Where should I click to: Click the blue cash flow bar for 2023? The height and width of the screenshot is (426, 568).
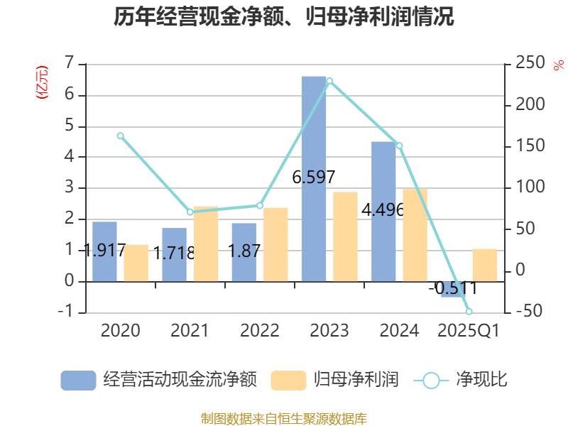pyautogui.click(x=314, y=177)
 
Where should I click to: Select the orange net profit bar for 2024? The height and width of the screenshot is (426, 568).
pyautogui.click(x=415, y=234)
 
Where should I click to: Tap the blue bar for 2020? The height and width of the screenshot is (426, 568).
pyautogui.click(x=104, y=251)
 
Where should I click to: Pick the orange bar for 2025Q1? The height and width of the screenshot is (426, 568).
pyautogui.click(x=485, y=265)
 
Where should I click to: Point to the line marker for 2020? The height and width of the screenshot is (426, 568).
pyautogui.click(x=120, y=136)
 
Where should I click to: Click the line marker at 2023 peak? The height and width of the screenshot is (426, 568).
pyautogui.click(x=329, y=81)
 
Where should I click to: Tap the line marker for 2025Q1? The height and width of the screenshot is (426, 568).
pyautogui.click(x=469, y=312)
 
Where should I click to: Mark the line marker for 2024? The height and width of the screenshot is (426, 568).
pyautogui.click(x=399, y=146)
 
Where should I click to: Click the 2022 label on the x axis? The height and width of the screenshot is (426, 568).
pyautogui.click(x=259, y=330)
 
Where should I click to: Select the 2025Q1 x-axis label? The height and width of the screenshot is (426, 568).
pyautogui.click(x=469, y=330)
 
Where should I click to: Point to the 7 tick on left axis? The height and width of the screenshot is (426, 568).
pyautogui.click(x=69, y=64)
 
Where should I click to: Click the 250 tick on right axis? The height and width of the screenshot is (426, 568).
pyautogui.click(x=529, y=64)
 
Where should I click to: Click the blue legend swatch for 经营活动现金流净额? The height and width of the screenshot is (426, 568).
pyautogui.click(x=78, y=380)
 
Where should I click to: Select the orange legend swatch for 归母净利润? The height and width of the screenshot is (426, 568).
pyautogui.click(x=288, y=380)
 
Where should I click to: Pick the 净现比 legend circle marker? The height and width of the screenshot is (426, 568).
pyautogui.click(x=431, y=380)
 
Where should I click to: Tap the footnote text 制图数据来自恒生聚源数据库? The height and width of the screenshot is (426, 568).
pyautogui.click(x=284, y=418)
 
